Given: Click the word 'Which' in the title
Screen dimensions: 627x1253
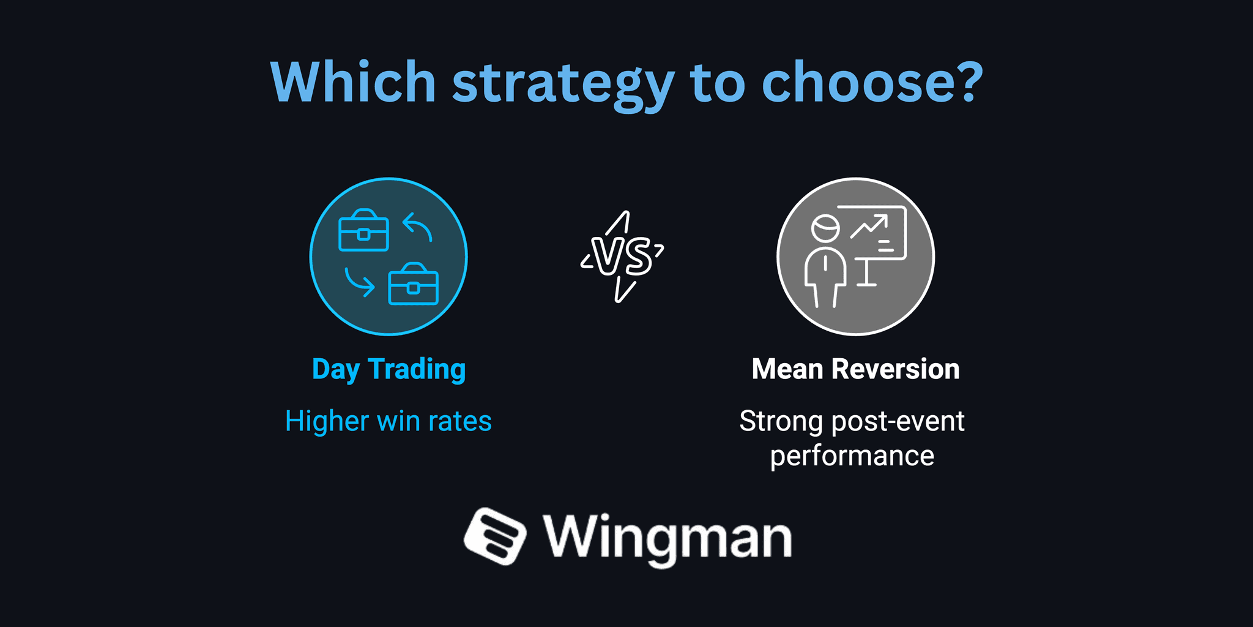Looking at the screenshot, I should [353, 82].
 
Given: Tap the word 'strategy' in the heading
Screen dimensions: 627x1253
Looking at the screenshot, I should [563, 84].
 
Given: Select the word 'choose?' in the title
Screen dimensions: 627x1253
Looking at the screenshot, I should [872, 82].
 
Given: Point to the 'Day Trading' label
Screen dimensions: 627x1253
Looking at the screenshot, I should [389, 369].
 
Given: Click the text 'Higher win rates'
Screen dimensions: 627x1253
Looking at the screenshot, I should [389, 421].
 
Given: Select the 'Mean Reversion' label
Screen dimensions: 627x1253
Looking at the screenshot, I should [855, 369].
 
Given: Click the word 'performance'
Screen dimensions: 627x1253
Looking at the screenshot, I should [852, 456].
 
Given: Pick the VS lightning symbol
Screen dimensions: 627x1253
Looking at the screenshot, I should [623, 256].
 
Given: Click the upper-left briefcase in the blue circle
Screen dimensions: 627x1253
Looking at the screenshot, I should [363, 231].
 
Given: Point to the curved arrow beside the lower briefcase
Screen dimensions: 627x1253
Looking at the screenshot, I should [360, 282].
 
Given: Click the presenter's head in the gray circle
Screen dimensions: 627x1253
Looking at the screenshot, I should [825, 228].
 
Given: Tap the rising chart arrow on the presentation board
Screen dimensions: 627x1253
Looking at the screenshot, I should [869, 226].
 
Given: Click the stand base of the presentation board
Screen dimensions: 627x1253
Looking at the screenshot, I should [866, 283].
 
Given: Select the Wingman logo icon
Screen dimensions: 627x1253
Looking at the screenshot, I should [494, 536].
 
